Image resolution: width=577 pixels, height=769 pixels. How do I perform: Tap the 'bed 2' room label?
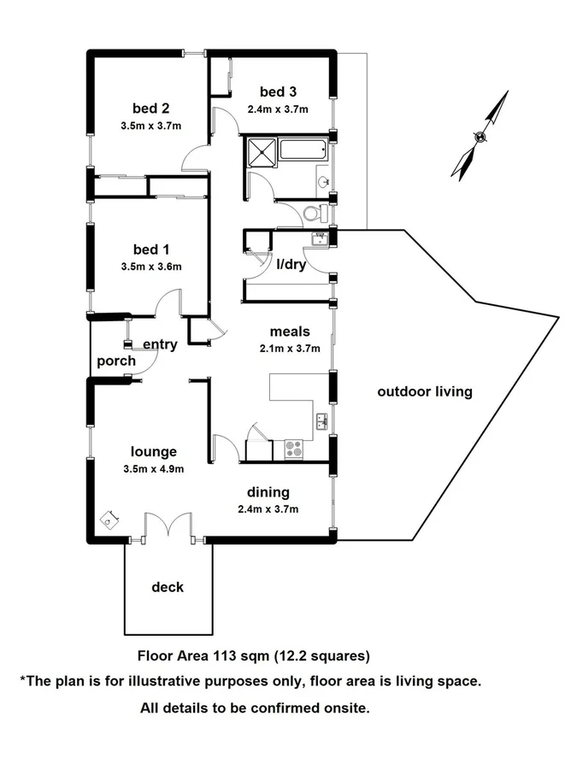point(150,108)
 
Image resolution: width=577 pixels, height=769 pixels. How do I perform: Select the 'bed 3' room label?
point(278,91)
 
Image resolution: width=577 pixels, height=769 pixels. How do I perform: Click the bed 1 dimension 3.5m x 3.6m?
point(150,266)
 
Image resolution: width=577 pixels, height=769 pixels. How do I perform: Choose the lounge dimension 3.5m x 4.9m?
point(153,468)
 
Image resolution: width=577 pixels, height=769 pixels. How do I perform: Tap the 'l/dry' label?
point(291,264)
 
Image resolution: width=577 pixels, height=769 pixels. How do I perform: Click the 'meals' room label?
point(289,332)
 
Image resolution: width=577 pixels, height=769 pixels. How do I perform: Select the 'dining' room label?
point(268,492)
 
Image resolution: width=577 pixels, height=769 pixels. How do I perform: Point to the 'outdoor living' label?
point(425,392)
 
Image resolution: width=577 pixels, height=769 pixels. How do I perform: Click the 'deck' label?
point(168,587)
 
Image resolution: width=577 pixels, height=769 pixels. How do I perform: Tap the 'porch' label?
point(115,361)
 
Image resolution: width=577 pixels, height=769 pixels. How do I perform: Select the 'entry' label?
point(160,345)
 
